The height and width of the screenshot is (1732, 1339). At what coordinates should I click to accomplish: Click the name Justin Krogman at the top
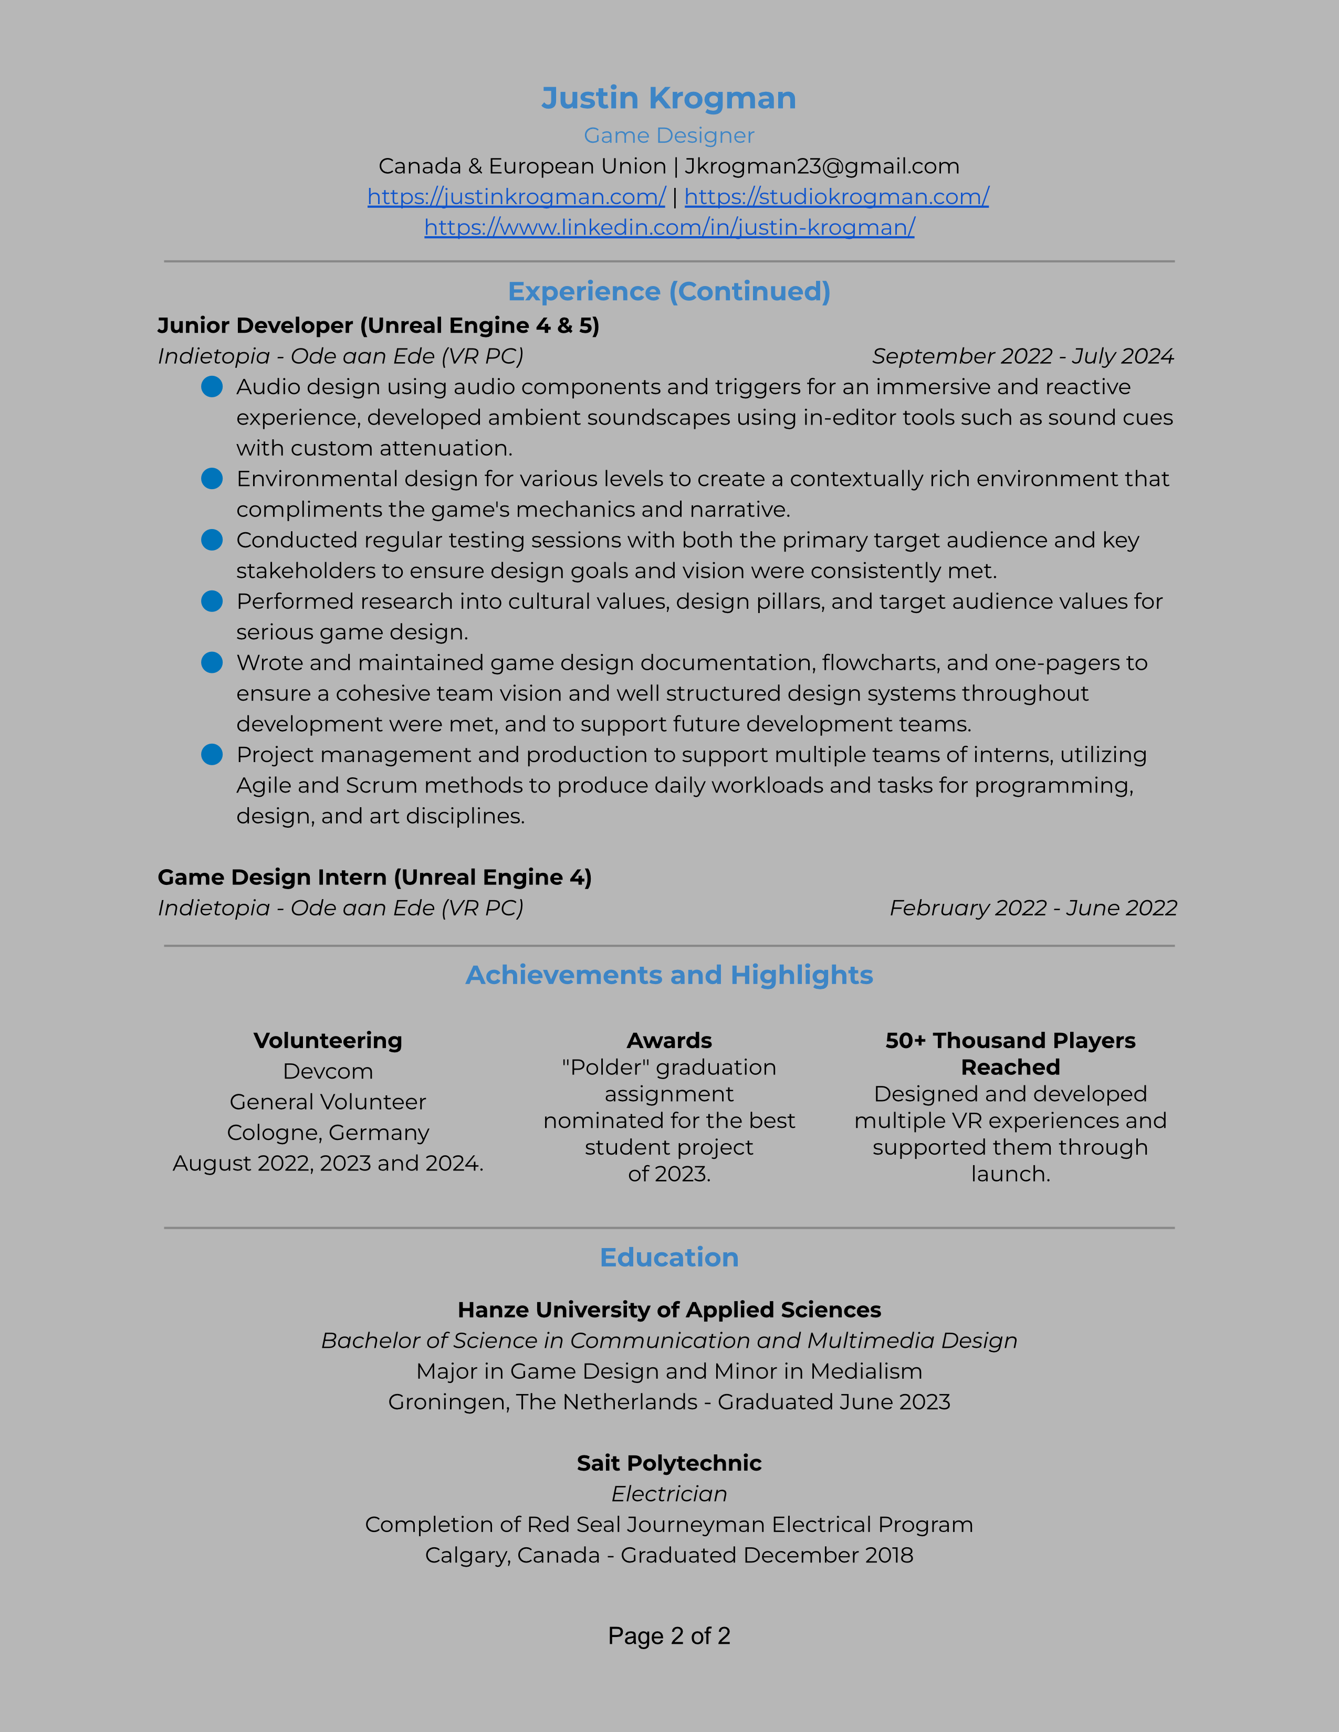pos(668,98)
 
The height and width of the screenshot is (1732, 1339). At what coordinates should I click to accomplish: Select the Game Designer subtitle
pos(668,135)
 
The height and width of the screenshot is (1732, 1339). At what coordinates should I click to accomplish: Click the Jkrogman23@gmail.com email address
pos(822,166)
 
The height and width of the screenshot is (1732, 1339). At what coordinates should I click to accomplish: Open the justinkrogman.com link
pos(516,197)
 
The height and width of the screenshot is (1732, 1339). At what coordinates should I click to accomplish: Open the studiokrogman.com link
pos(836,197)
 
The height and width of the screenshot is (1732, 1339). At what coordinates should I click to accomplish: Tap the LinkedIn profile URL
pos(668,228)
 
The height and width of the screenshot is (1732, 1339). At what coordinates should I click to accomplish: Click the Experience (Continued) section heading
pos(668,292)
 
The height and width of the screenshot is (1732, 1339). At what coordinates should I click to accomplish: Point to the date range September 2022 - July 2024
pos(1022,356)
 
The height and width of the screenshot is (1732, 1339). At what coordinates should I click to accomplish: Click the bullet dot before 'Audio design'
pos(212,387)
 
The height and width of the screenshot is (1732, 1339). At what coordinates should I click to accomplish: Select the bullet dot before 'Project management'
pos(212,754)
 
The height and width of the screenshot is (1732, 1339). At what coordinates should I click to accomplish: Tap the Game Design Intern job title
pos(374,877)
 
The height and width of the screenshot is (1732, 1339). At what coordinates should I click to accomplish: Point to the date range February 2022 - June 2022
pos(1033,908)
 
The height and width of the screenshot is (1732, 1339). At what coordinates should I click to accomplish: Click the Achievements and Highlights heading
pos(668,976)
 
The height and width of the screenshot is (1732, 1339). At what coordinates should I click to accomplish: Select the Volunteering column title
pos(328,1040)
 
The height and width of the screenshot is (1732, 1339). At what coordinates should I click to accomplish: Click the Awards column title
pos(668,1040)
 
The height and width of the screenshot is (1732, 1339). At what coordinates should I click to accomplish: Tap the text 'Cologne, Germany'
pos(328,1133)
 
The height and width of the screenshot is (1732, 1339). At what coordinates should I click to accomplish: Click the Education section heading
pos(668,1258)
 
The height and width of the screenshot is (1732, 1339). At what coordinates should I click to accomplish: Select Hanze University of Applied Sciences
pos(668,1310)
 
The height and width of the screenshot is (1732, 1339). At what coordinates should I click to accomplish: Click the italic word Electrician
pos(668,1494)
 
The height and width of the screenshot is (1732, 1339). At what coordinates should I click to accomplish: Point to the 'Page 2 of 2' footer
pos(668,1635)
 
